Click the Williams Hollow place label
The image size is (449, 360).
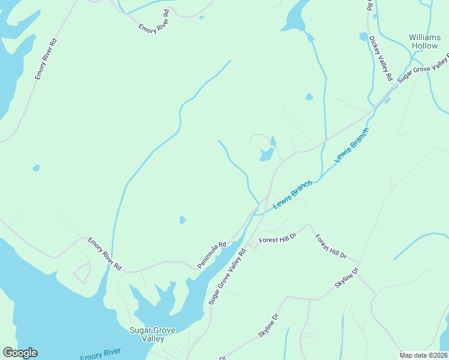coord(425,41)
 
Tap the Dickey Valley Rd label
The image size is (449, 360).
coord(381,59)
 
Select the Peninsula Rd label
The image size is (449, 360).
coord(212,255)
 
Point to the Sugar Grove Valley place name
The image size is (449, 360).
coord(147,334)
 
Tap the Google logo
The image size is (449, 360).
coord(20,353)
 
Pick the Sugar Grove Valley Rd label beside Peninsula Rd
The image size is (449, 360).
coord(228,277)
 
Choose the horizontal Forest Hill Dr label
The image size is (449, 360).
coord(278,239)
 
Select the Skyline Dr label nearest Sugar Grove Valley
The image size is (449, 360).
coord(269,325)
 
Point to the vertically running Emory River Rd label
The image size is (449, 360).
coord(46,59)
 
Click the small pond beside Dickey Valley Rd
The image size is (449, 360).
coord(364,37)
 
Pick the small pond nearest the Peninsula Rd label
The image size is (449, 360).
coord(182,220)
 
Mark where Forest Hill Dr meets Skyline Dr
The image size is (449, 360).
coord(359,263)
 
